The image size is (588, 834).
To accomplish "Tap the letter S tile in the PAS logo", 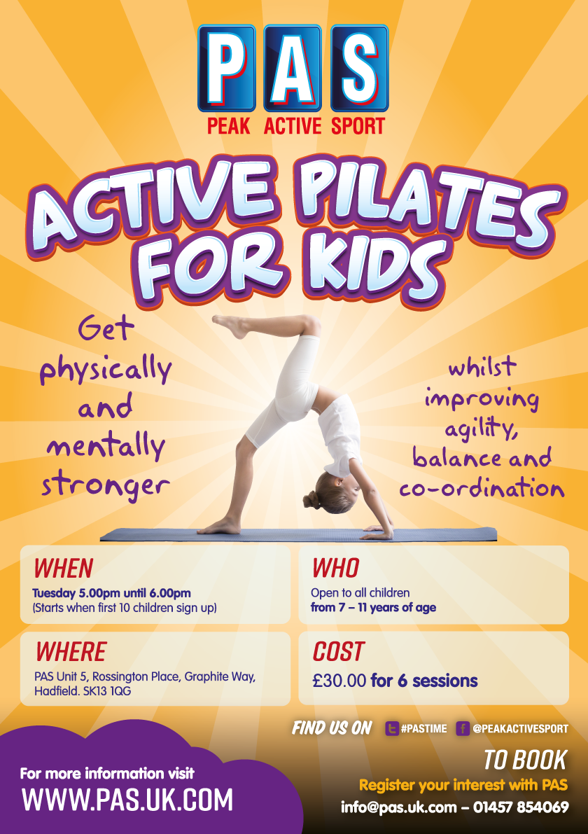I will click(x=359, y=68).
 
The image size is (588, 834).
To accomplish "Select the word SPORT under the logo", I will click(x=355, y=127).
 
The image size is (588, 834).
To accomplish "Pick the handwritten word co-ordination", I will click(x=482, y=489).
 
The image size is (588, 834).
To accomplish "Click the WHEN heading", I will click(x=64, y=567).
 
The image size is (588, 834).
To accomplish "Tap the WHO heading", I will click(x=335, y=567).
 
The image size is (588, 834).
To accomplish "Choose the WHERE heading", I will click(x=71, y=652).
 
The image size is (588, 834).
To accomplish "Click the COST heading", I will click(x=338, y=652).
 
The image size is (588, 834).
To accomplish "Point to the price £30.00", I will click(x=339, y=680).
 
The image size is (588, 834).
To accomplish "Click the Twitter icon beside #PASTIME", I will click(x=392, y=729).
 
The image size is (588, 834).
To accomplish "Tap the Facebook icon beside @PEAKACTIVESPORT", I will click(x=462, y=729).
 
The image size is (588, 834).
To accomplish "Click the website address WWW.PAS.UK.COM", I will click(x=127, y=799).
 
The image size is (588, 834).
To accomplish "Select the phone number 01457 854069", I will click(x=521, y=807).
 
